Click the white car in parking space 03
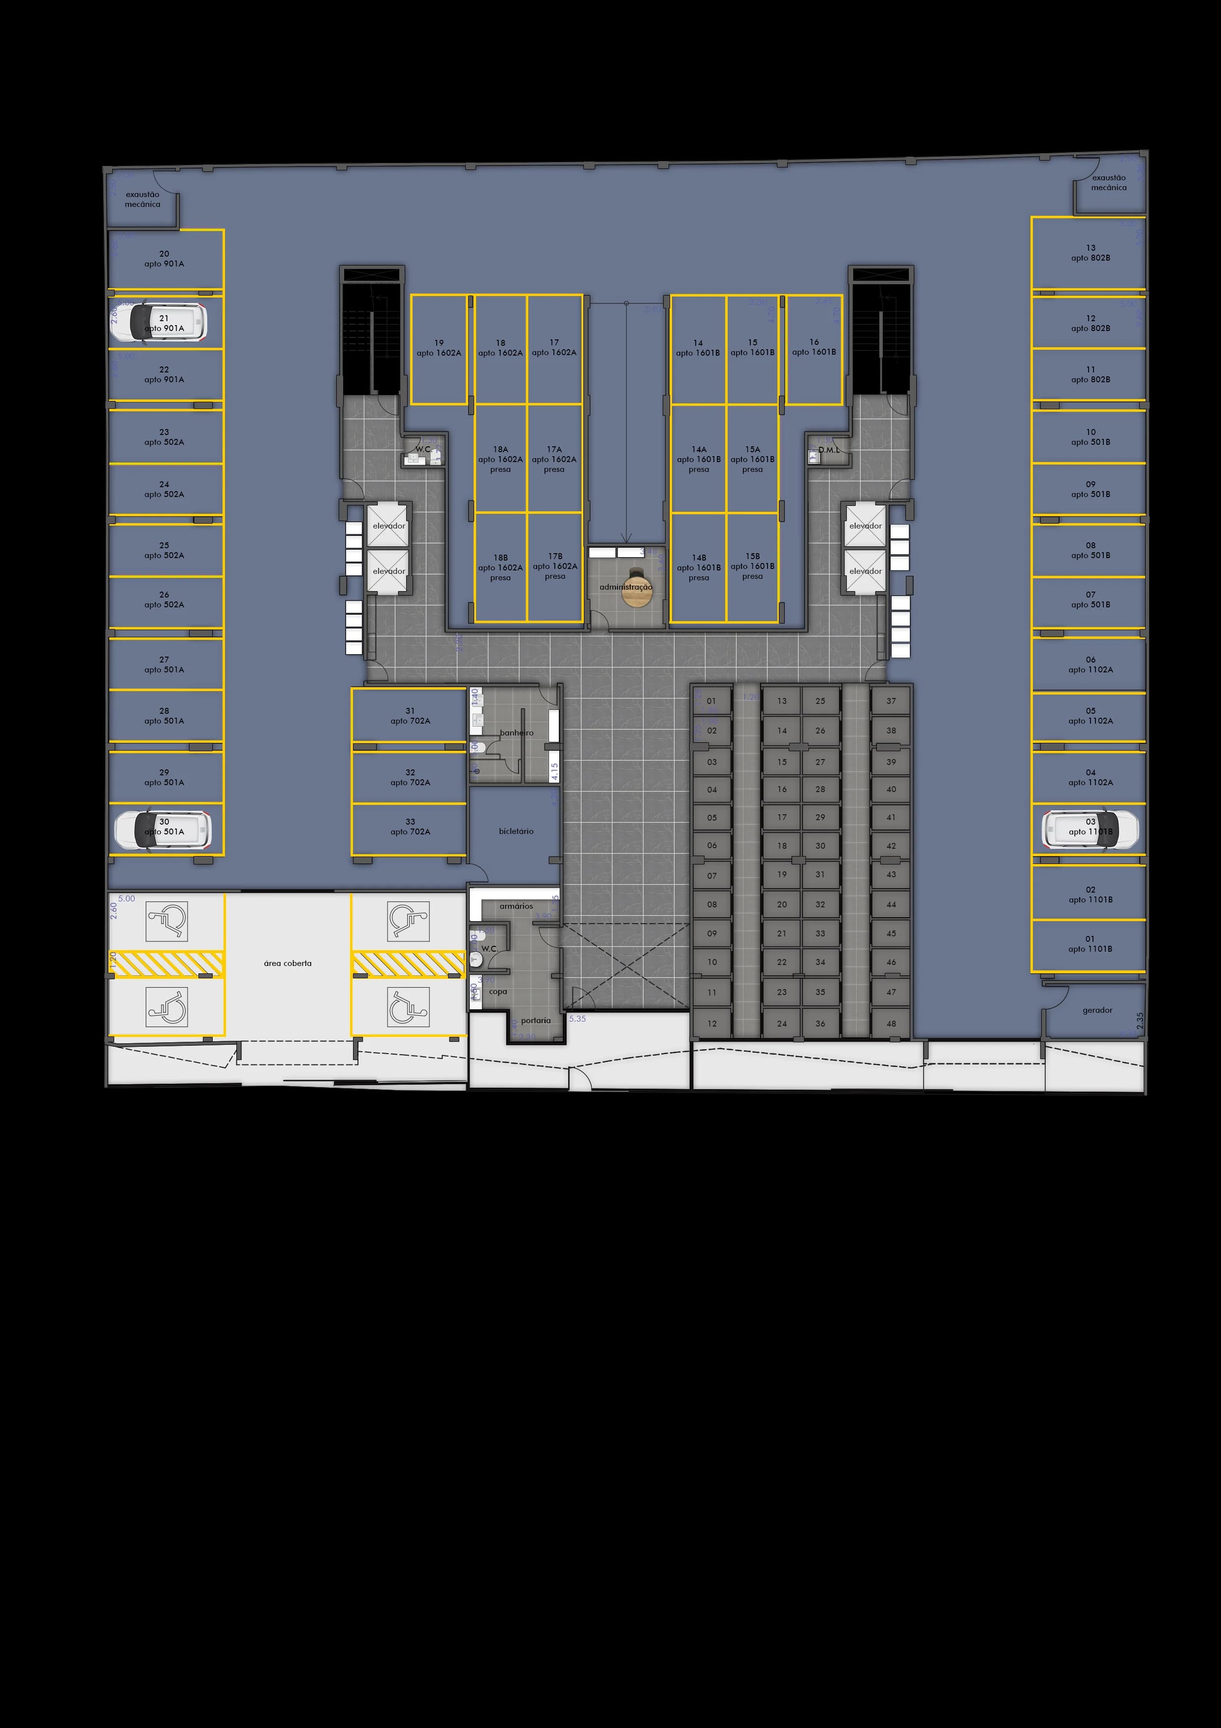click(x=1090, y=829)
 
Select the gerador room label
click(x=1097, y=1010)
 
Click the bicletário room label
click(x=516, y=831)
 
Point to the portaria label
click(x=536, y=1021)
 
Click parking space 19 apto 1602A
click(x=439, y=348)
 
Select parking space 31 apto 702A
click(x=410, y=716)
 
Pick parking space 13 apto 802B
click(x=1090, y=253)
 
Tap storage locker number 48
click(x=891, y=1024)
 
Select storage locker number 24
click(x=782, y=1024)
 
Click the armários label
click(x=516, y=906)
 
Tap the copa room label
click(x=498, y=992)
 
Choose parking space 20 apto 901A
click(x=164, y=259)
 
